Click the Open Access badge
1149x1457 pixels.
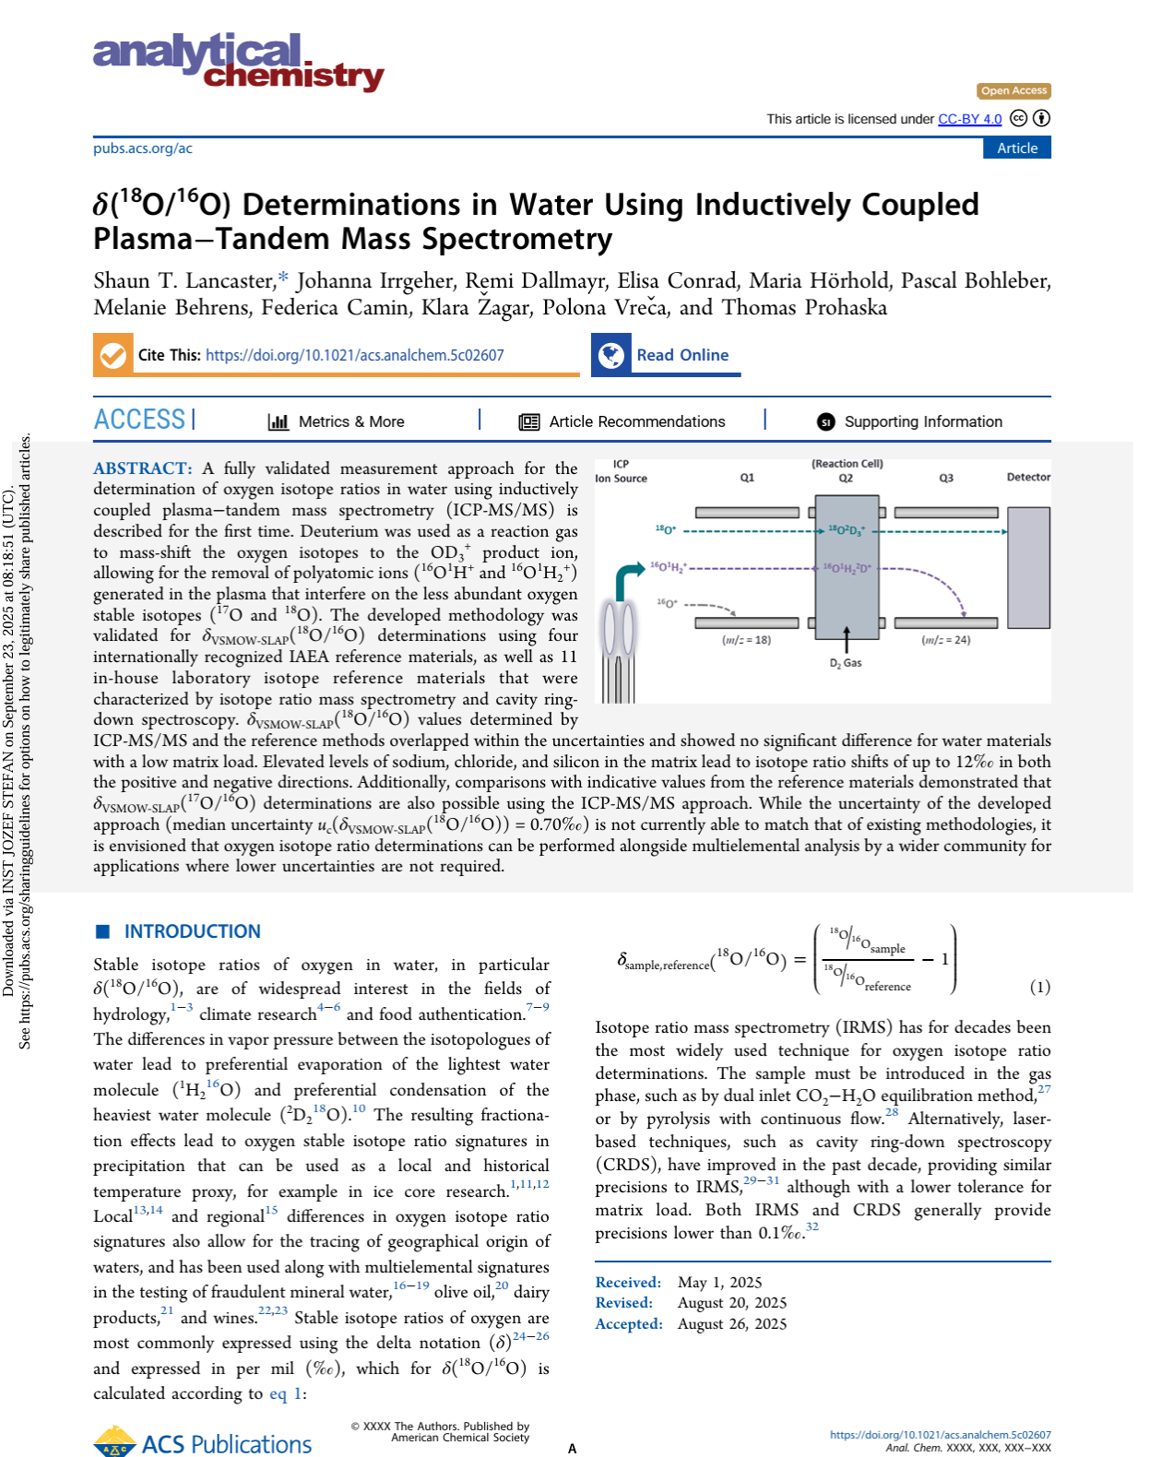[1013, 90]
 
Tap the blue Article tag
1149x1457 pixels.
[1016, 148]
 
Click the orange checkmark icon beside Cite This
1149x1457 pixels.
[113, 355]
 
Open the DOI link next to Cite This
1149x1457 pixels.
[354, 355]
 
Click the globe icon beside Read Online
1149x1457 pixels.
[610, 355]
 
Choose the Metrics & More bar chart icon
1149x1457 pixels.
[278, 421]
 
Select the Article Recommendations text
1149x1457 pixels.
[636, 421]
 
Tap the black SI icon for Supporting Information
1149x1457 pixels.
[825, 421]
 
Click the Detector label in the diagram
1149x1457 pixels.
[1028, 477]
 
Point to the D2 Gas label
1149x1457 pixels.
[846, 663]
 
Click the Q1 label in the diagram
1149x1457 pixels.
[747, 478]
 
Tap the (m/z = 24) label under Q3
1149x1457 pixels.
[945, 640]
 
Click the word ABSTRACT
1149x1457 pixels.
[142, 468]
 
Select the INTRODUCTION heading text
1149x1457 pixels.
[192, 931]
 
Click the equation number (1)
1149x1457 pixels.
[1039, 987]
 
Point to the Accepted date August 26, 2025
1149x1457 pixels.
[732, 1323]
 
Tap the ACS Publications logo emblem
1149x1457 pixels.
[115, 1441]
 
